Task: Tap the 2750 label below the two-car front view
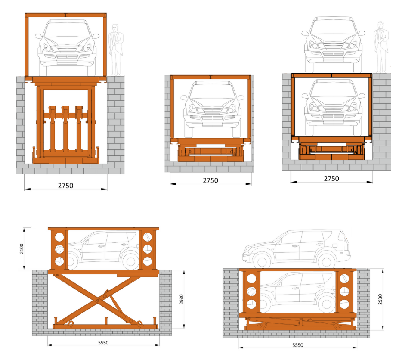coord(331,178)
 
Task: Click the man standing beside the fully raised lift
coord(115,50)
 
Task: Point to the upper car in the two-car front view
coord(333,43)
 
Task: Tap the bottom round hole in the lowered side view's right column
coord(344,304)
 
